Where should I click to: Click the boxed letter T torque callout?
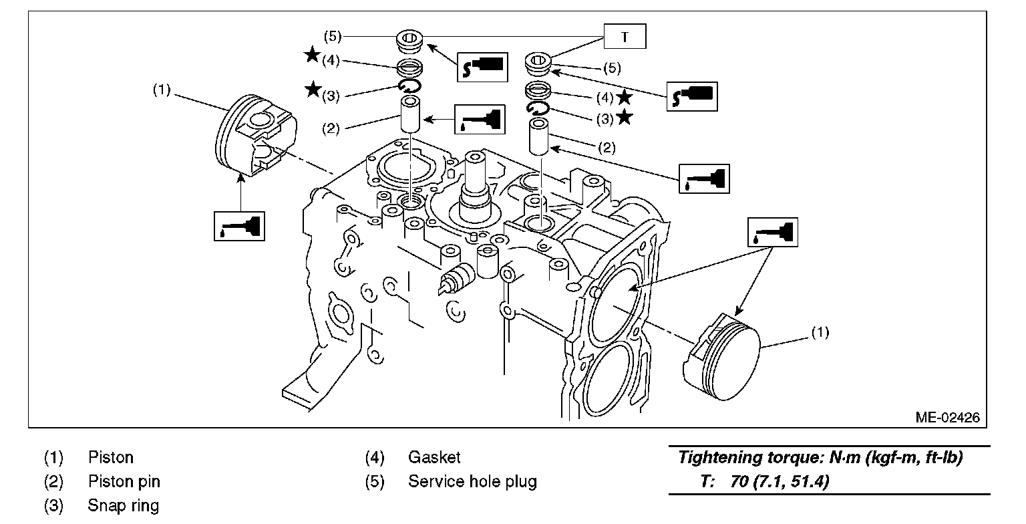click(x=625, y=36)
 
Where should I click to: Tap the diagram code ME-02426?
click(x=948, y=417)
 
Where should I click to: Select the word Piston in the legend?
click(x=111, y=457)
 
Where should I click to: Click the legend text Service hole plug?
click(x=472, y=481)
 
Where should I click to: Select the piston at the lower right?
click(x=721, y=358)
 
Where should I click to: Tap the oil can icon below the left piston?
click(x=240, y=226)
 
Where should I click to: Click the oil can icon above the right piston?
click(x=773, y=233)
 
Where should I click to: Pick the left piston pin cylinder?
click(x=411, y=114)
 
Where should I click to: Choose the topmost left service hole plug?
click(x=409, y=42)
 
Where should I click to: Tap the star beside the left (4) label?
click(x=313, y=55)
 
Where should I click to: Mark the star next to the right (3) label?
click(x=625, y=118)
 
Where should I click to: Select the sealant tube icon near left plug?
click(x=482, y=67)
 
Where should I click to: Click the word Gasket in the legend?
click(x=434, y=457)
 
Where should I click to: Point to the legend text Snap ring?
click(x=123, y=505)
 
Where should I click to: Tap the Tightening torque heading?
click(x=820, y=458)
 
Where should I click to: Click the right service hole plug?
click(x=538, y=64)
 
